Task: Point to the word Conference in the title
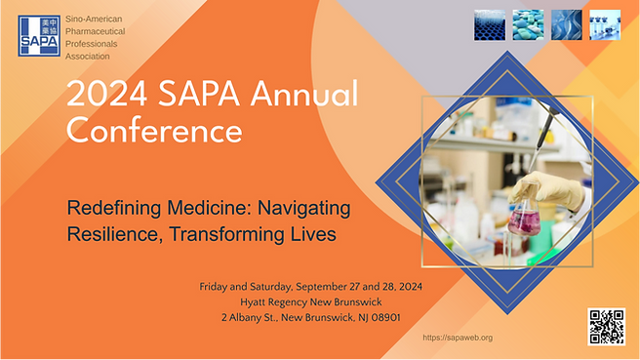153,129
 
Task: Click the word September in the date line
338,286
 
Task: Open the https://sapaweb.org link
458,337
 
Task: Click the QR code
606,326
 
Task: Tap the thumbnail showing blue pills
529,24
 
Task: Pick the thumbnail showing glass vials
604,24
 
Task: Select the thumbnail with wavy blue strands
567,24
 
